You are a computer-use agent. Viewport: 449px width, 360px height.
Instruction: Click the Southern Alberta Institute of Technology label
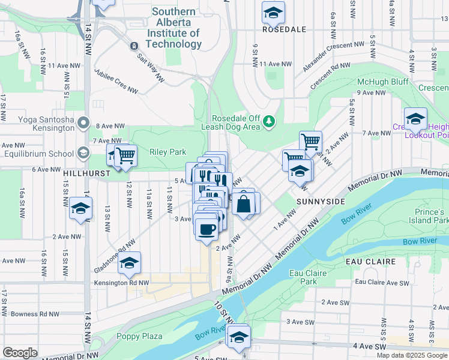(x=174, y=28)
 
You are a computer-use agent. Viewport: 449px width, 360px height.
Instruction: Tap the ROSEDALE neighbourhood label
(x=284, y=29)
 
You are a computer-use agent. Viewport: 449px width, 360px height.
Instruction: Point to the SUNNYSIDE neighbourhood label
(x=321, y=202)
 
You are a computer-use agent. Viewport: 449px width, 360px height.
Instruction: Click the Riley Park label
(x=169, y=152)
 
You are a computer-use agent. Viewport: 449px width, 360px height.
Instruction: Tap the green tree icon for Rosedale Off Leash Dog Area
(x=270, y=122)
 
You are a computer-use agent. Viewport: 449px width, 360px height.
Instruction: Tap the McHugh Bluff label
(x=383, y=82)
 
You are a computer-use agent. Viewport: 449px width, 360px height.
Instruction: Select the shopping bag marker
(x=244, y=203)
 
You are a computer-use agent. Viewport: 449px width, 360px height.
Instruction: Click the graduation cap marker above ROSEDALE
(x=273, y=11)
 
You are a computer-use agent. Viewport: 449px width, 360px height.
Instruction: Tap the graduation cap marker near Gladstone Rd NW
(x=129, y=262)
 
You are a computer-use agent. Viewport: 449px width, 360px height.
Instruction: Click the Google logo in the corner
(x=20, y=353)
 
